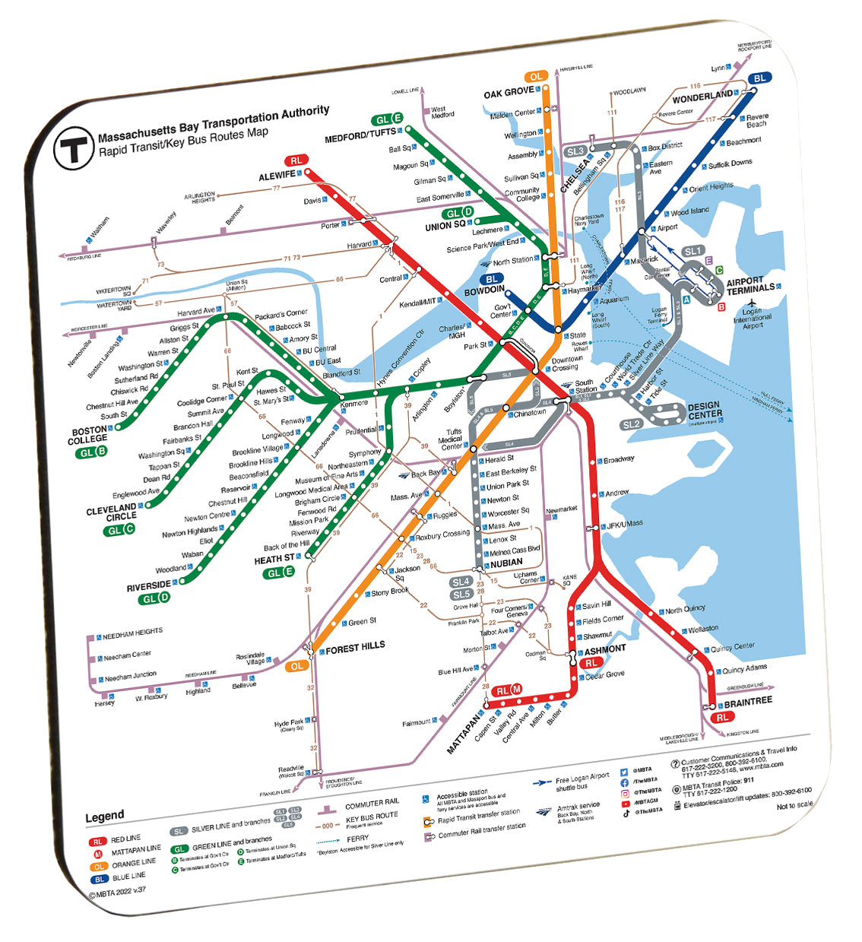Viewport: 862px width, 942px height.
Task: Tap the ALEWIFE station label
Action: [277, 176]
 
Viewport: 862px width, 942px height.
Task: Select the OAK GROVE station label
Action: [509, 92]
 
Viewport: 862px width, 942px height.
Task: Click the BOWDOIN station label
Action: [484, 290]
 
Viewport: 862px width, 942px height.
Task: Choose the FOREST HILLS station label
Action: [355, 647]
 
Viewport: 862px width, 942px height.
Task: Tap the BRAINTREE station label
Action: [747, 702]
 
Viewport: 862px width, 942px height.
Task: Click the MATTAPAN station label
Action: [464, 734]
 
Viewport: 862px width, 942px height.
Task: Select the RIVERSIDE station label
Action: [148, 586]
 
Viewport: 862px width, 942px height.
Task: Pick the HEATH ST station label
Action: [274, 560]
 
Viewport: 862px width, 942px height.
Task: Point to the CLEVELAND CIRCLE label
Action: [111, 512]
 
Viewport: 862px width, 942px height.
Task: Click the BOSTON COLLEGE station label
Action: [87, 435]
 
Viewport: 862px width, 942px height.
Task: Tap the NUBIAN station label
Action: [505, 563]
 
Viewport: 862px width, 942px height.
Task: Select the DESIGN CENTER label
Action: [705, 411]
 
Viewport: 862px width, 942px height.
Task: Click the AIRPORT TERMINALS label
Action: [750, 285]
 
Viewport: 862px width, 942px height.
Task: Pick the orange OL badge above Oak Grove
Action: [536, 76]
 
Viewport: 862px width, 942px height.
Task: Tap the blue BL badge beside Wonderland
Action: [759, 78]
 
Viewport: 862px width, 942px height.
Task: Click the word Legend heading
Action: [104, 816]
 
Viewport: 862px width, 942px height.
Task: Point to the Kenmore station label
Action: [354, 404]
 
